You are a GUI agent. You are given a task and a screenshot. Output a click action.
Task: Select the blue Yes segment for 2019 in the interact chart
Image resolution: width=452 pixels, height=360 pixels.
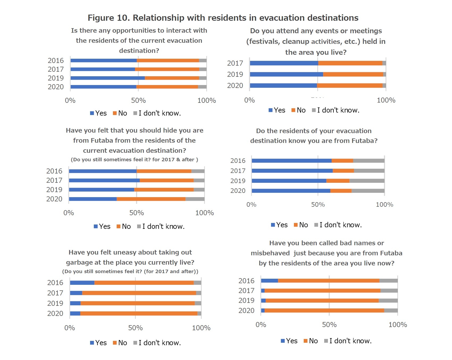click(x=108, y=78)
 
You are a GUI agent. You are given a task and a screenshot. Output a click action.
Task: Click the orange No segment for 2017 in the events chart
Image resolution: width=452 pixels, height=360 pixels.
click(x=350, y=63)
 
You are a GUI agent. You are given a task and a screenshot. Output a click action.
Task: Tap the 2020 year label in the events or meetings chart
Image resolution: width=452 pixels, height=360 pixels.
click(x=235, y=86)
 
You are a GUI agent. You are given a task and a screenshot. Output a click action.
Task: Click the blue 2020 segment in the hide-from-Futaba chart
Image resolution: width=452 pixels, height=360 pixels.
click(x=93, y=199)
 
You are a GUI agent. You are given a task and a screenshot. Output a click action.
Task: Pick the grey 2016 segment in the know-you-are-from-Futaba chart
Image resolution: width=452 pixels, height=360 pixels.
click(x=369, y=161)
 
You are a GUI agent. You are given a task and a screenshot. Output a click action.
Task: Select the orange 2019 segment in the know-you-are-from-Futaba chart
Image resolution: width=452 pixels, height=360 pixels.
click(x=338, y=181)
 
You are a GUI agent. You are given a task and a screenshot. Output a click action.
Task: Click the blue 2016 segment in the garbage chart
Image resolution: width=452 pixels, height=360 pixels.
click(x=82, y=283)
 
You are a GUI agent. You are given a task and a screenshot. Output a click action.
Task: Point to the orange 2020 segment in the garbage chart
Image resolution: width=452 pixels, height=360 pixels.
click(x=139, y=314)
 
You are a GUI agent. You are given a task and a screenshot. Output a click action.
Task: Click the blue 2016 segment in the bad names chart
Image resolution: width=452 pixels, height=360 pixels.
click(x=269, y=281)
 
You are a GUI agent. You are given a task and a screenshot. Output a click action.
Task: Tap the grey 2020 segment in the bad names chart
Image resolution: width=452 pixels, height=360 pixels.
click(x=391, y=311)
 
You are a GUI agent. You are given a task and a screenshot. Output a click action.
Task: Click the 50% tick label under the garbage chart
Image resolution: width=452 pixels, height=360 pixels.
click(x=135, y=328)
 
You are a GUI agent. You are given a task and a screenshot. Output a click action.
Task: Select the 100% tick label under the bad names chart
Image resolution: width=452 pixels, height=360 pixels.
click(x=398, y=325)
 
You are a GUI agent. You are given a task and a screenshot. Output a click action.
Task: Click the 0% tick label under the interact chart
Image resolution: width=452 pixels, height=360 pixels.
click(x=70, y=100)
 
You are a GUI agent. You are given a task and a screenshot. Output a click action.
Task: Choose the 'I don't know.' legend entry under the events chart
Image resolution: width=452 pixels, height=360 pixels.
click(x=336, y=110)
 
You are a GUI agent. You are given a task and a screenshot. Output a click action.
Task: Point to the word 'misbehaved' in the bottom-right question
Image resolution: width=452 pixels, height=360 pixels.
click(x=270, y=253)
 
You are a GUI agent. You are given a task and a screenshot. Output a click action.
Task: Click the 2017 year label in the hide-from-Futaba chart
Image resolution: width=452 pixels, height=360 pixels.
click(x=54, y=180)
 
